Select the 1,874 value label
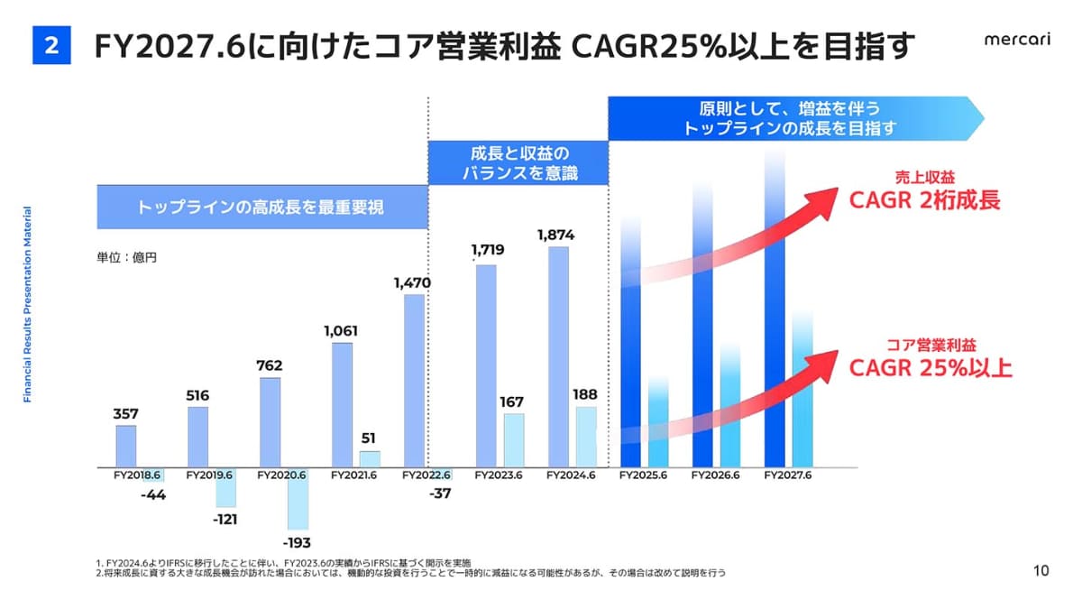pyautogui.click(x=555, y=235)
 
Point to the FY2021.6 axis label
pyautogui.click(x=353, y=475)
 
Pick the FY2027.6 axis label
pyautogui.click(x=786, y=475)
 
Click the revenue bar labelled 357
pyautogui.click(x=126, y=446)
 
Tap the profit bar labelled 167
pyautogui.click(x=514, y=440)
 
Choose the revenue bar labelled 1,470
pyautogui.click(x=414, y=380)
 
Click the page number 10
pyautogui.click(x=1041, y=570)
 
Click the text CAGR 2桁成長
pyautogui.click(x=924, y=200)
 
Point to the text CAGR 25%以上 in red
pyautogui.click(x=930, y=367)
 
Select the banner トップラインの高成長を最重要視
pyautogui.click(x=261, y=208)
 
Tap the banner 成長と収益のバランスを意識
pyautogui.click(x=518, y=162)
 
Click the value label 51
pyautogui.click(x=369, y=438)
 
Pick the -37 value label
pyautogui.click(x=442, y=493)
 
